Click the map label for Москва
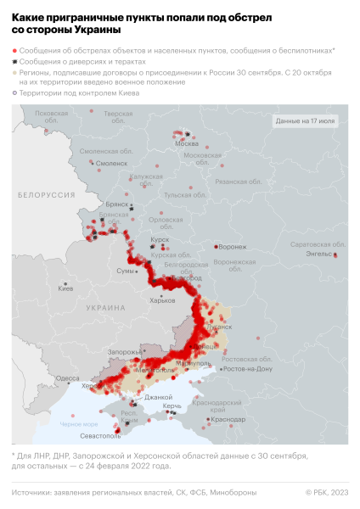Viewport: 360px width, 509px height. point(186,143)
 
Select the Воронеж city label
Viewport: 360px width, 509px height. point(233,247)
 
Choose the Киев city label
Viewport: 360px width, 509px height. point(65,288)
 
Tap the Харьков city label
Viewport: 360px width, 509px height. point(161,300)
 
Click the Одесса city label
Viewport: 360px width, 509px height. point(67,378)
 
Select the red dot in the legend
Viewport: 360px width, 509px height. point(14,51)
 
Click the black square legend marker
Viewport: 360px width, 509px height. point(14,62)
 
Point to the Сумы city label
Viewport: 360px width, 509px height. point(125,271)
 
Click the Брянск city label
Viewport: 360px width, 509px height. point(115,204)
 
